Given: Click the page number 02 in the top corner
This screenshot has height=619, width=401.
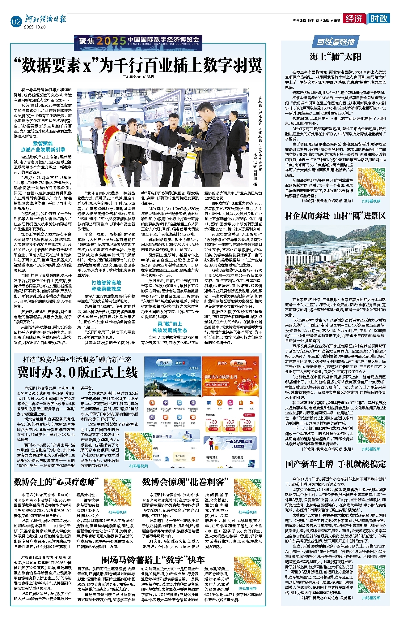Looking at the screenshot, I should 16,22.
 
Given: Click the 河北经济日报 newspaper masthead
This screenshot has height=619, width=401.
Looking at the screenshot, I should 45,19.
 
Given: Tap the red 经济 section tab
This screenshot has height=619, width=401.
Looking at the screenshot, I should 354,19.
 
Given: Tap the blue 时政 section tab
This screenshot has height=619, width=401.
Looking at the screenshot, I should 379,19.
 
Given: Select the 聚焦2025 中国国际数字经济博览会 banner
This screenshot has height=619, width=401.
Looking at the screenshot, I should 138,43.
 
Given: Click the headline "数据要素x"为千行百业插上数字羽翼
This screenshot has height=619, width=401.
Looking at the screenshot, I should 138,65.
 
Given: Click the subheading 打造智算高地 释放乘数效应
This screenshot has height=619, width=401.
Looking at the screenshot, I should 106,285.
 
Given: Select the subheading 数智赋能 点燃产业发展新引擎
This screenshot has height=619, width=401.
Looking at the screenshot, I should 43,146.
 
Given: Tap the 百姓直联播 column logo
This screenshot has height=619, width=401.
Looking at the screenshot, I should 336,42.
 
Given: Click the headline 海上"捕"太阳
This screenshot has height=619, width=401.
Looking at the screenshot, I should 336,57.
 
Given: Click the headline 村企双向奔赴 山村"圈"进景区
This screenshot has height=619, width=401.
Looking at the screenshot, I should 336,216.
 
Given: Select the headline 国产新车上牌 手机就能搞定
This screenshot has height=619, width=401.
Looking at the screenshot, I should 336,464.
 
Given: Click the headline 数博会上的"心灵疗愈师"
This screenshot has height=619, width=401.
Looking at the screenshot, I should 56,482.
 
